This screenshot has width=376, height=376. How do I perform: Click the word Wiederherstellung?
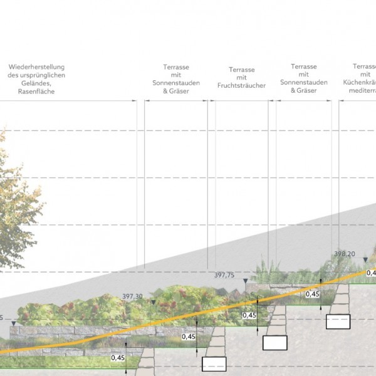coord(36,67)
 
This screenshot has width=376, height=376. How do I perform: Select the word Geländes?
coord(36,83)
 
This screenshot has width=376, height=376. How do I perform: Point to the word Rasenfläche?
coord(36,91)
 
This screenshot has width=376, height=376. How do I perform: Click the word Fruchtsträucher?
coord(241,86)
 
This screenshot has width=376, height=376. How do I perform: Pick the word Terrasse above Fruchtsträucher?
coord(241,70)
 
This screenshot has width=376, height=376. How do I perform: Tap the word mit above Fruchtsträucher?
coord(241,78)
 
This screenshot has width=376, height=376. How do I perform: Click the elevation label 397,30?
coord(133,297)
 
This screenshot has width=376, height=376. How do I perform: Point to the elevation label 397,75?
coord(224,275)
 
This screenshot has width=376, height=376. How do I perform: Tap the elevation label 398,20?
coord(344,254)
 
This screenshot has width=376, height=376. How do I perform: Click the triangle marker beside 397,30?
coord(152,302)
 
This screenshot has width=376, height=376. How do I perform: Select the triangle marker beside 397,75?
coord(245,280)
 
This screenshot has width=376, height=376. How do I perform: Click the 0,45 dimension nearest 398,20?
coord(311,293)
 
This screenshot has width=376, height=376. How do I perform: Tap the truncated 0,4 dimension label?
coord(370,273)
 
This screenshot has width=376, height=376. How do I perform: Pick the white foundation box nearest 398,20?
coord(338,321)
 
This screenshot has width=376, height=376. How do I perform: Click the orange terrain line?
coord(188,319)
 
